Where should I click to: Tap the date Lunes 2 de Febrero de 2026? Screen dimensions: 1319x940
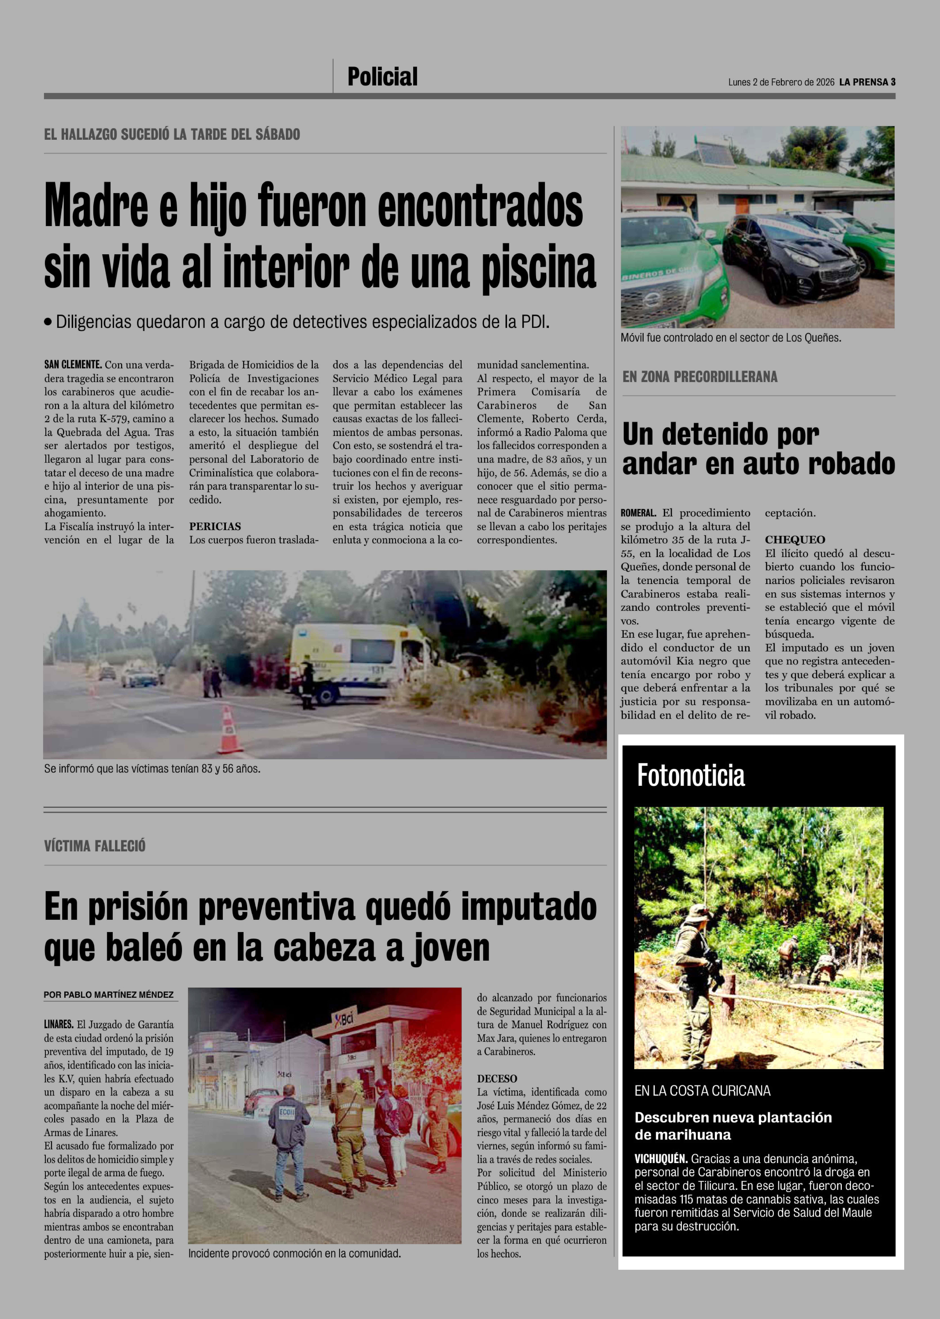[x=781, y=82]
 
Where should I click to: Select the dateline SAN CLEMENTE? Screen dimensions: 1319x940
[x=73, y=365]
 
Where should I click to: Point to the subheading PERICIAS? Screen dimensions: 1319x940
[x=215, y=526]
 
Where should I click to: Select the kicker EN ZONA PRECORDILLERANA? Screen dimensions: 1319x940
[x=700, y=377]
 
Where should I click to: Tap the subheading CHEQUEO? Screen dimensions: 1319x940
[x=795, y=540]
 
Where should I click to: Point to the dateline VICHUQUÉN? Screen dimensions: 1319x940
[x=660, y=1159]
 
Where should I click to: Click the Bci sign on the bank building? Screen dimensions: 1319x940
[x=346, y=1018]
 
